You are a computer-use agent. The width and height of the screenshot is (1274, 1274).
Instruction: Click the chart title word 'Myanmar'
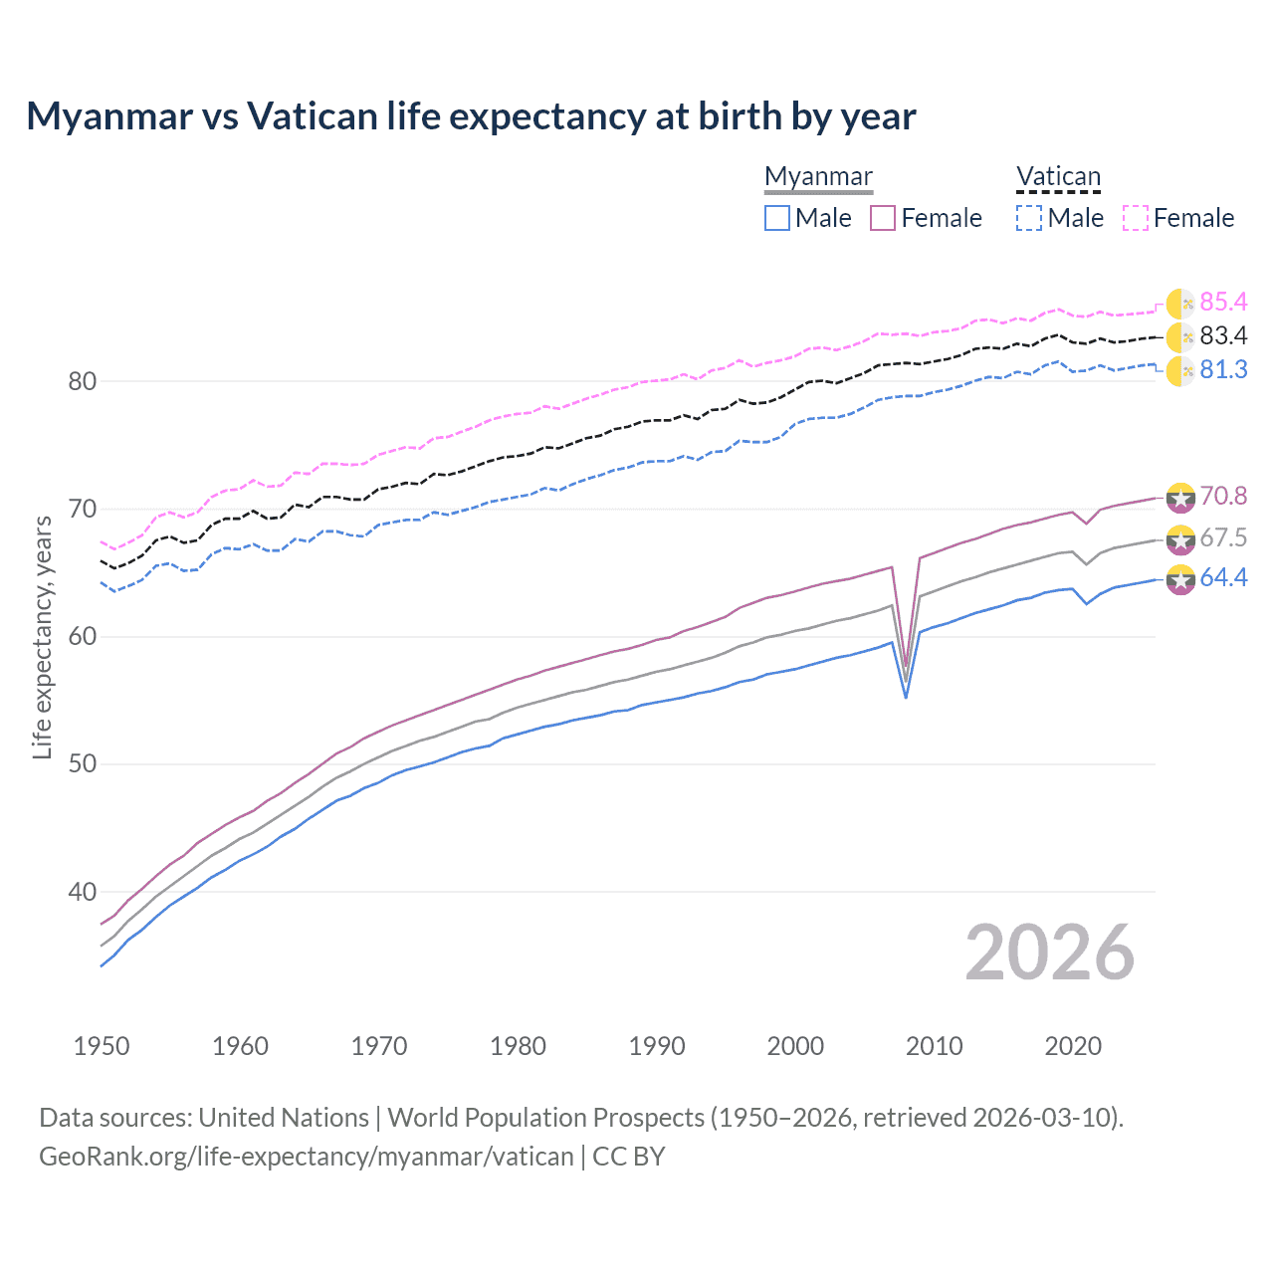pyautogui.click(x=109, y=116)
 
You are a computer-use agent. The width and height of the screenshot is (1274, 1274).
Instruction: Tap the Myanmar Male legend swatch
pyautogui.click(x=777, y=218)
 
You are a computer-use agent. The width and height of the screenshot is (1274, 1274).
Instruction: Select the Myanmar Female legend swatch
pyautogui.click(x=883, y=218)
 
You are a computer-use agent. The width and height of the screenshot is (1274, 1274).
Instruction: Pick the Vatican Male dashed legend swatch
pyautogui.click(x=1029, y=218)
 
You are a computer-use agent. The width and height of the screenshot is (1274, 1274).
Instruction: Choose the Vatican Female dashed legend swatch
pyautogui.click(x=1136, y=218)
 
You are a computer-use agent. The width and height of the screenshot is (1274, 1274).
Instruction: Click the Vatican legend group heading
pyautogui.click(x=1058, y=177)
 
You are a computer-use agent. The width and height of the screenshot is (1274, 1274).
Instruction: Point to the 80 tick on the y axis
pyautogui.click(x=82, y=381)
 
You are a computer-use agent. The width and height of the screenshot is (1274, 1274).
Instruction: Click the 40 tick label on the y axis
pyautogui.click(x=82, y=892)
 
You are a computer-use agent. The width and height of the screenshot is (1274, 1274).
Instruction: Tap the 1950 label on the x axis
pyautogui.click(x=102, y=1046)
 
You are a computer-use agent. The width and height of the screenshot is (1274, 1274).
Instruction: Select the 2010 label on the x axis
pyautogui.click(x=934, y=1046)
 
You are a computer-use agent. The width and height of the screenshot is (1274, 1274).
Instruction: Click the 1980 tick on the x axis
pyautogui.click(x=518, y=1046)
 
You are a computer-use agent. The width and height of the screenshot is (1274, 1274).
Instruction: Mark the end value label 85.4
pyautogui.click(x=1223, y=303)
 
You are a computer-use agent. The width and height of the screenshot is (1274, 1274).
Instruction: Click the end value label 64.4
pyautogui.click(x=1223, y=578)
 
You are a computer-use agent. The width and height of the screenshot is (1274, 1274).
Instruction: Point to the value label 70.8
pyautogui.click(x=1223, y=496)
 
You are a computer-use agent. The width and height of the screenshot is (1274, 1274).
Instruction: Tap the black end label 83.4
pyautogui.click(x=1223, y=336)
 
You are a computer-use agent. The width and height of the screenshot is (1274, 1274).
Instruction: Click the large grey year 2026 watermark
pyautogui.click(x=1050, y=954)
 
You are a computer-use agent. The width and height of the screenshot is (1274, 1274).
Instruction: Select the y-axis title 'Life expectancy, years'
pyautogui.click(x=43, y=637)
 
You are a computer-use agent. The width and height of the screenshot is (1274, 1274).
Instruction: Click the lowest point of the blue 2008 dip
pyautogui.click(x=905, y=697)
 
